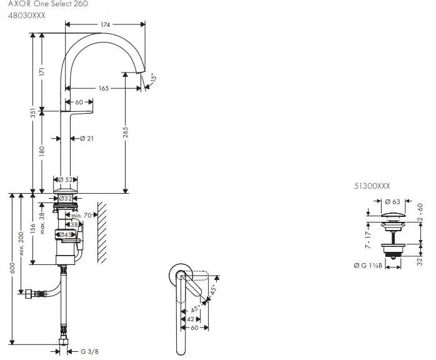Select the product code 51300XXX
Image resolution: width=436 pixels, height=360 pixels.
pos(372,186)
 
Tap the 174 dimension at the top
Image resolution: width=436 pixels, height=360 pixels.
pos(106,24)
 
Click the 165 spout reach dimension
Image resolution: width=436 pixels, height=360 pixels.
pos(104,88)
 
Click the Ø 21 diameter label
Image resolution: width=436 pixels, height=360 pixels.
pos(87,138)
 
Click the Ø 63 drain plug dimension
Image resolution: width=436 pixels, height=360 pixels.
pos(392,202)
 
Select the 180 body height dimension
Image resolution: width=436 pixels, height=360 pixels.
pos(42,152)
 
